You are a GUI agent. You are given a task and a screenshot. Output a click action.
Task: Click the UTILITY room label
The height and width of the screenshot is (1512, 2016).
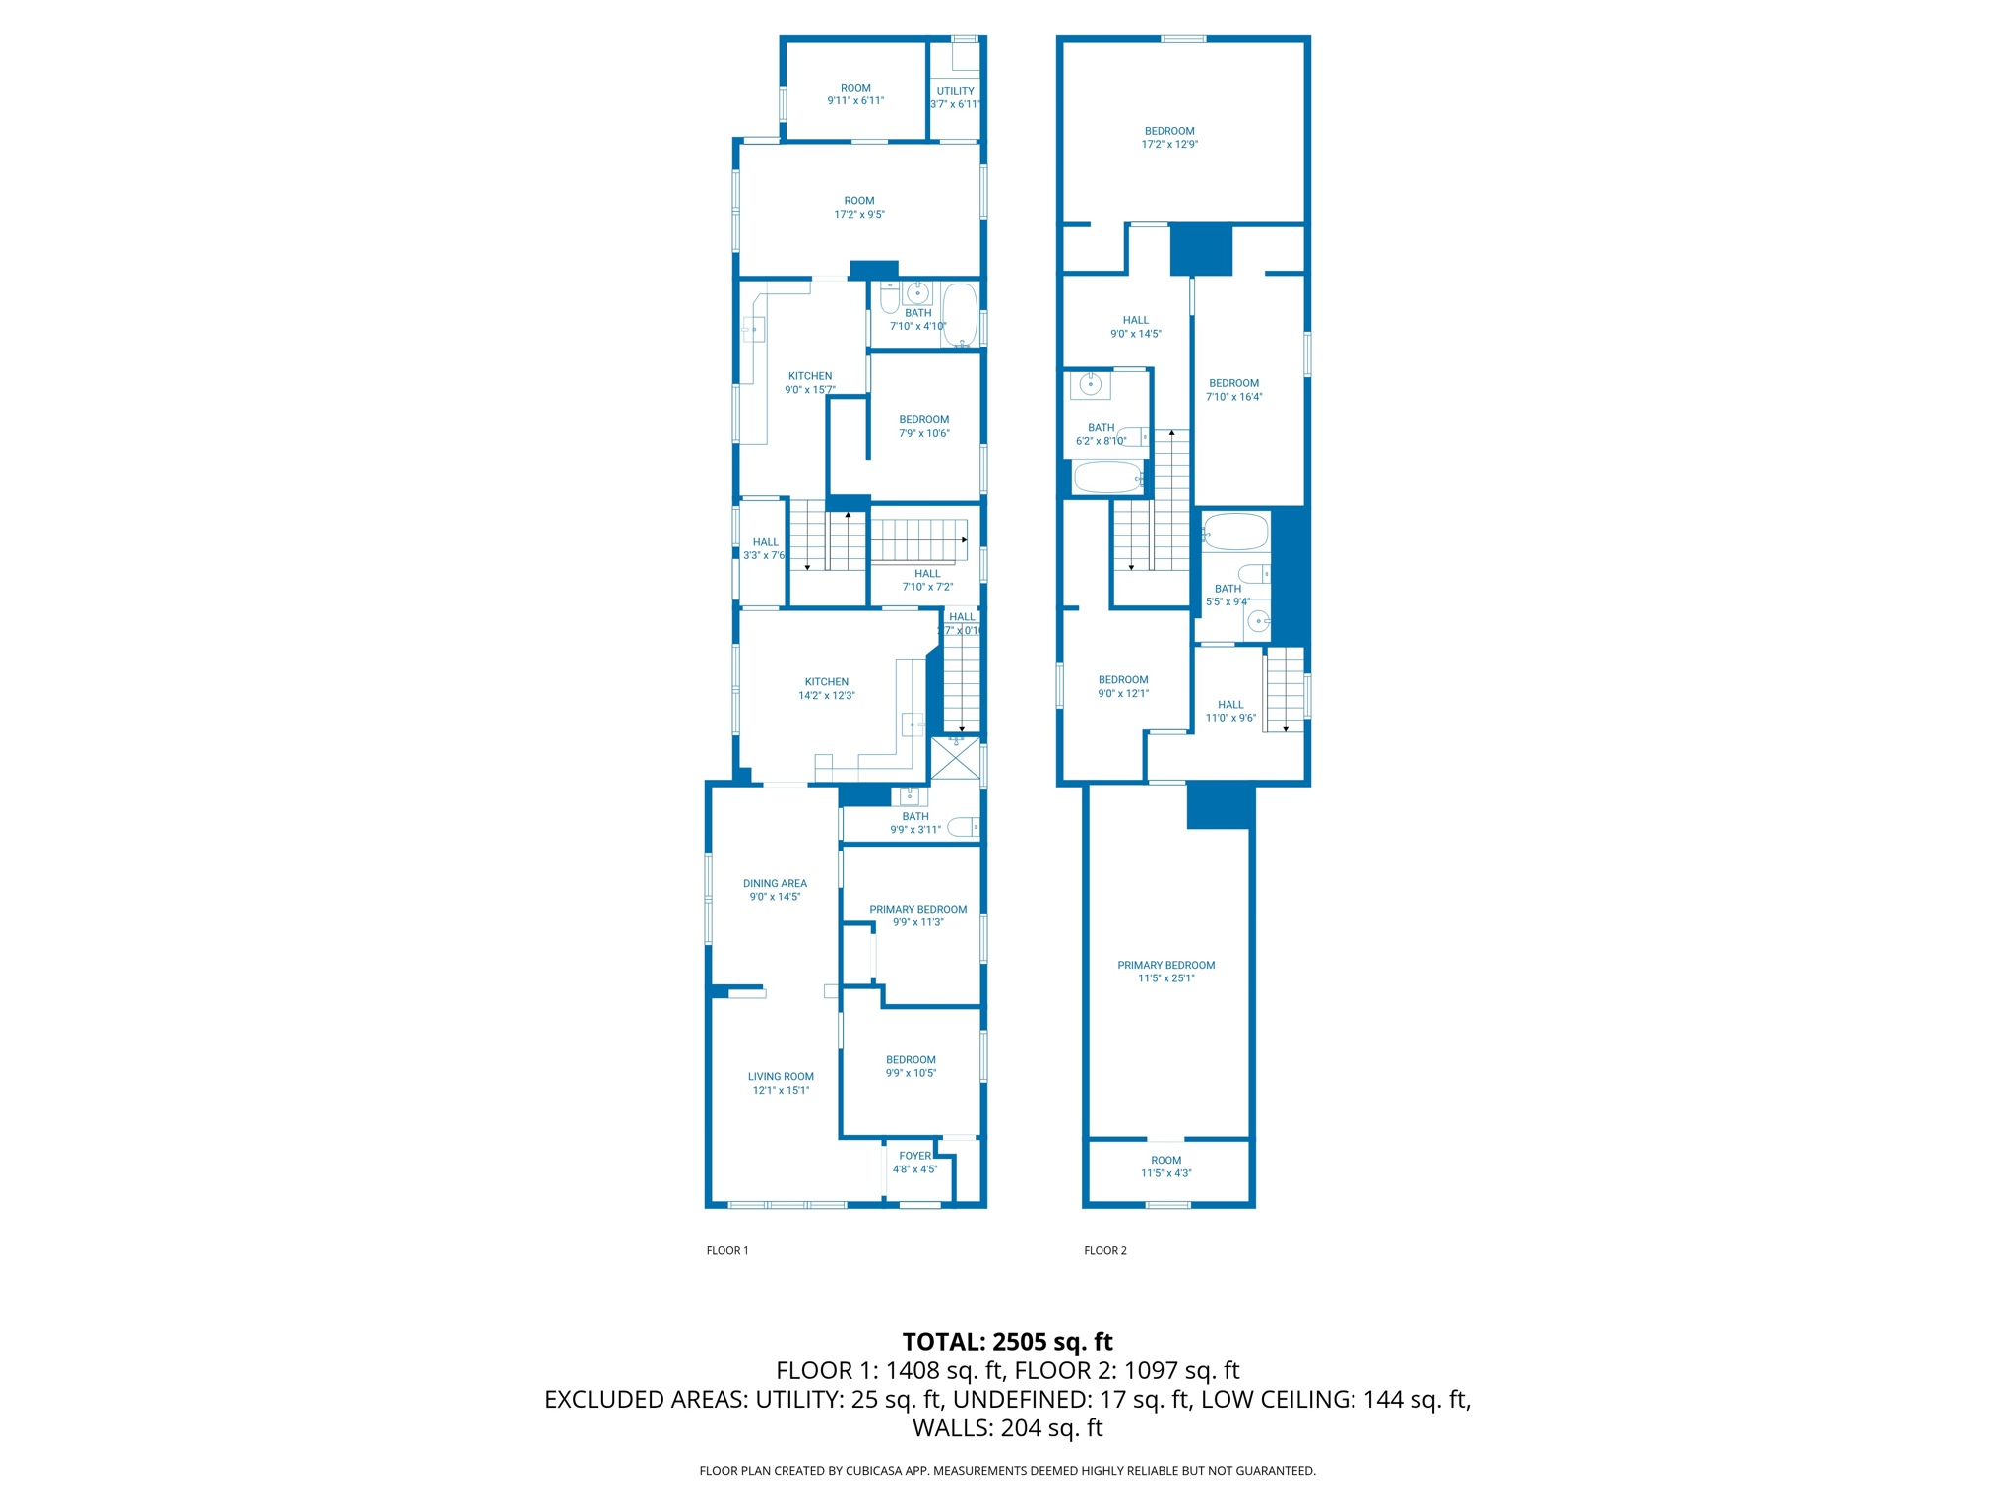(955, 96)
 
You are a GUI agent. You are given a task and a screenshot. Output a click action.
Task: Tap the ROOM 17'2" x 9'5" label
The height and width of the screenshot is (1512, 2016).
(858, 207)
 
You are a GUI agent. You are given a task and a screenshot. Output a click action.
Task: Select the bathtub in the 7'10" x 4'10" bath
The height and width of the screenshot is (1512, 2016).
(959, 314)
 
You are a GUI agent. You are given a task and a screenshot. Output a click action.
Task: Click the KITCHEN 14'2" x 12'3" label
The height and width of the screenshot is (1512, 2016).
(826, 688)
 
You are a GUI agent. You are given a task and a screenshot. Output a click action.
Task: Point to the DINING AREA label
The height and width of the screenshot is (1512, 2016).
(775, 890)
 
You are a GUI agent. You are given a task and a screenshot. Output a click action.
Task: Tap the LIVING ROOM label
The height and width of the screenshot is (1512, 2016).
(781, 1083)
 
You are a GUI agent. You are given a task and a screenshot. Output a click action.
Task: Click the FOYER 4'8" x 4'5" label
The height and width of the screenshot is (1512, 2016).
(914, 1163)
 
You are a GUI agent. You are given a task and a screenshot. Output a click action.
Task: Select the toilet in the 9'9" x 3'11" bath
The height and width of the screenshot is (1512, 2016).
(963, 827)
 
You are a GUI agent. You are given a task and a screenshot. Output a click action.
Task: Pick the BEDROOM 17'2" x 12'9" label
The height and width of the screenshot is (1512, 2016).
(1169, 137)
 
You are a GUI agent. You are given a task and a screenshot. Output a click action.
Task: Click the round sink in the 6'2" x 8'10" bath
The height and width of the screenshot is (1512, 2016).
(1090, 384)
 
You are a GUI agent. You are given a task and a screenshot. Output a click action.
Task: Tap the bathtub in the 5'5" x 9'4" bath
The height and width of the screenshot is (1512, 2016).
(1235, 533)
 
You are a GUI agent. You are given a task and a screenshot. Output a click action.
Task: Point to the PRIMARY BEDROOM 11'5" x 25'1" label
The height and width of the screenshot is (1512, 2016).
(1165, 972)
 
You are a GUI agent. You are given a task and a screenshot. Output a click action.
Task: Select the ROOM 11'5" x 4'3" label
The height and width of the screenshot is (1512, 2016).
(1165, 1166)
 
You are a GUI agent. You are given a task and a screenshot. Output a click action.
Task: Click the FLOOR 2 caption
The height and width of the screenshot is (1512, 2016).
(1104, 1250)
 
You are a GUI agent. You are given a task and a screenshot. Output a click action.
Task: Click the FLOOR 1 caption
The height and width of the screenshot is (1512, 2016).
(726, 1250)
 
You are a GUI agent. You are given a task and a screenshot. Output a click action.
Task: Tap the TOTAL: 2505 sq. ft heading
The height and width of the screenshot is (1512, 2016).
(1007, 1342)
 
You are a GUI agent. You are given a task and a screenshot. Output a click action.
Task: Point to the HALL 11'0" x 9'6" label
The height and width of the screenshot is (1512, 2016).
(1230, 711)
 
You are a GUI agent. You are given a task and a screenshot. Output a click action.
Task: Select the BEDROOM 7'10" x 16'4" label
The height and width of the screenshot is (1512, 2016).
(1233, 390)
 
